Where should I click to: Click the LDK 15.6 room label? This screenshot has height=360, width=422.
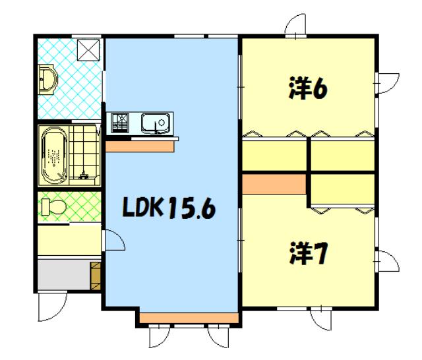(169, 208)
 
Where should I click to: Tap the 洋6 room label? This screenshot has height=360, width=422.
(308, 88)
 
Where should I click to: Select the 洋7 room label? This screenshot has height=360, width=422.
(308, 253)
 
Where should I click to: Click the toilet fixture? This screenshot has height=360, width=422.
(54, 207)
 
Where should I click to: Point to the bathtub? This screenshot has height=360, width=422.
(53, 156)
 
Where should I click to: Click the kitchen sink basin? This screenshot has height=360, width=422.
(156, 123)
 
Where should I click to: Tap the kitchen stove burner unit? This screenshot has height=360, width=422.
(120, 123)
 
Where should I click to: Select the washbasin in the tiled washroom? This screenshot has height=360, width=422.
(47, 79)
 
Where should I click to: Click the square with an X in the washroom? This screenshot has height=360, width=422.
(88, 50)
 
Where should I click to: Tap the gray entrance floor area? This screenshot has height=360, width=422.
(64, 274)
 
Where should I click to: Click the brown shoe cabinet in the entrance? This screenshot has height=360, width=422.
(95, 276)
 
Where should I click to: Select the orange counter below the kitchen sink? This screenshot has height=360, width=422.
(139, 146)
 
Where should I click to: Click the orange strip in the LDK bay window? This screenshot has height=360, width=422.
(189, 318)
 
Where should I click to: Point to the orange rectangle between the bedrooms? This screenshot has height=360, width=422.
(274, 184)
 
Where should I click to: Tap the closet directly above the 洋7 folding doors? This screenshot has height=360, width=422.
(343, 189)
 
